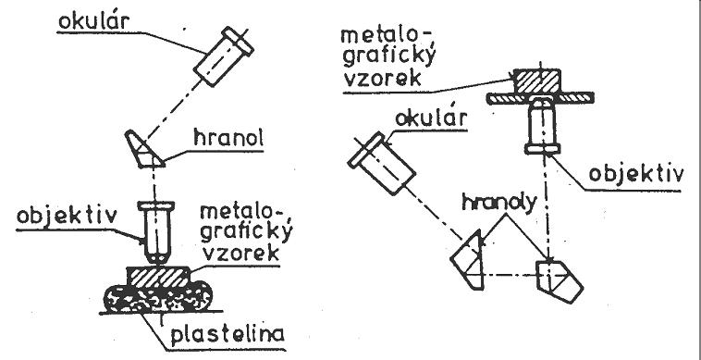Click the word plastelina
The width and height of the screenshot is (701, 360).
point(228,334)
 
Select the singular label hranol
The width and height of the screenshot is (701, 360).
point(228,139)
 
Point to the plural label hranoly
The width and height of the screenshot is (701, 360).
point(498,203)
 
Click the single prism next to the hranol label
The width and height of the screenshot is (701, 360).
point(144,149)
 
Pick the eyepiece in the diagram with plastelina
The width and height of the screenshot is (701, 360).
point(224,56)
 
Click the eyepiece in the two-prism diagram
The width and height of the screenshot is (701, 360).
point(381,163)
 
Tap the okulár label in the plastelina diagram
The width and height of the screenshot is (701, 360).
point(94,22)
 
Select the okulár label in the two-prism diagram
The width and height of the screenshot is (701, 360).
point(431,119)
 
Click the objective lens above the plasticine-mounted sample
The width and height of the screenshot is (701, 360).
point(155,232)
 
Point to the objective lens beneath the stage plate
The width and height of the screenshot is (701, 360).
point(542,125)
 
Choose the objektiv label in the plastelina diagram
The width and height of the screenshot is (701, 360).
point(67,217)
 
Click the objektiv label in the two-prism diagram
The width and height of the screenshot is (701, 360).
point(635,174)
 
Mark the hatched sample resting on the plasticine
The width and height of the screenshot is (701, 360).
point(158,278)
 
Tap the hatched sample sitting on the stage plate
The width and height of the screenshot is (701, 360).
point(536,81)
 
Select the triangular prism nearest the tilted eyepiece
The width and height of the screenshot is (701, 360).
point(470,261)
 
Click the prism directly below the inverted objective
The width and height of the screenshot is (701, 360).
point(559,280)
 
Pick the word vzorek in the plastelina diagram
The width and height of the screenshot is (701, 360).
point(241,254)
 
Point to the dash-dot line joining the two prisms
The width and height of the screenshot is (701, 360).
point(509,275)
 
